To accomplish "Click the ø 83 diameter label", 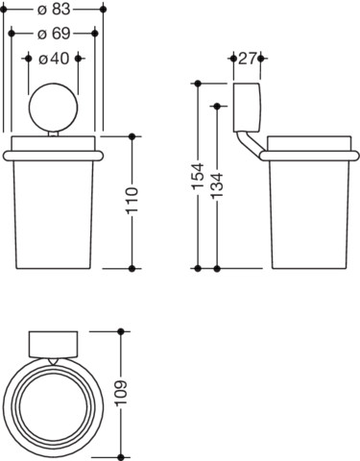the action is pos(54,10).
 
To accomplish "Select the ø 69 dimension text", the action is pos(54,34).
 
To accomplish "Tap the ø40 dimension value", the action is pos(54,59).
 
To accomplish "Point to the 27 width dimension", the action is pos(247,59).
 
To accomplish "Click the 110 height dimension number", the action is pos(132,201).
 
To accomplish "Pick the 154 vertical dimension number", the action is pos(198,176).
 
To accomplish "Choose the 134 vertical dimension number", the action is pos(217,185).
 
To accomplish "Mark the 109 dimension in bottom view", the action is pos(121,394).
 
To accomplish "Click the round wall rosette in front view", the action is pos(53,108).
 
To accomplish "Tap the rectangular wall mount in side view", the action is pos(247,108).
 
